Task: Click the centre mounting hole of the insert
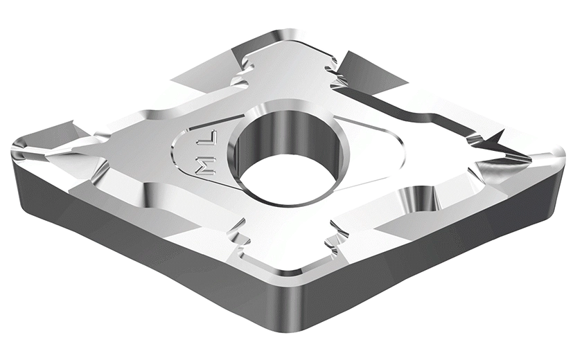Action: click(x=289, y=154)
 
